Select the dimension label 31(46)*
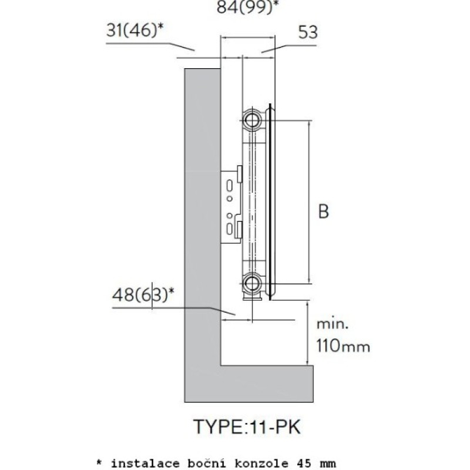click(x=135, y=31)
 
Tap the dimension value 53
click(x=308, y=32)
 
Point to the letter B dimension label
click(x=323, y=211)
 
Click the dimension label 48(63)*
click(x=143, y=294)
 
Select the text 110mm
click(x=343, y=345)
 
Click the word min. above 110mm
click(x=333, y=324)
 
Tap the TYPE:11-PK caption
click(x=247, y=427)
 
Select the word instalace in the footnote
click(x=145, y=463)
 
